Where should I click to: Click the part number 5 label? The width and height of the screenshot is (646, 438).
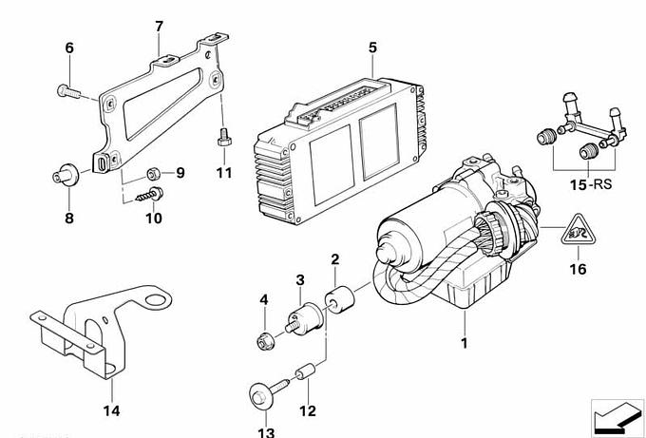[x=372, y=47]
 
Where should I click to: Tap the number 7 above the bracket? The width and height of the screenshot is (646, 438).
[x=159, y=27]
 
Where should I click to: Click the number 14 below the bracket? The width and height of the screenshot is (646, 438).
[x=111, y=410]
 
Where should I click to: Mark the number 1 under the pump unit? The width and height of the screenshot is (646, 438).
[x=465, y=342]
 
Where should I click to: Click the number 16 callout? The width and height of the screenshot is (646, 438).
[x=579, y=269]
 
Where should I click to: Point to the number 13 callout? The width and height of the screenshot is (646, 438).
[x=264, y=432]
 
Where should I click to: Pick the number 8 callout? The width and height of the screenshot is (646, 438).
[x=68, y=219]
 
